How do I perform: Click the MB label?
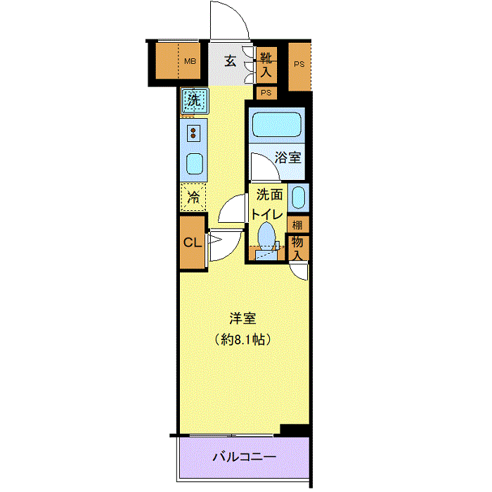[x=190, y=61]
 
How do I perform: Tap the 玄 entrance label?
[x=231, y=61]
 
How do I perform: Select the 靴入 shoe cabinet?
[x=266, y=65]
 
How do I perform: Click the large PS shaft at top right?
[x=299, y=67]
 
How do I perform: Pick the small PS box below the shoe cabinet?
[x=266, y=93]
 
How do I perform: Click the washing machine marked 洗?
[x=195, y=101]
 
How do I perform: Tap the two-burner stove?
[x=193, y=133]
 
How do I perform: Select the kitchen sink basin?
[x=195, y=164]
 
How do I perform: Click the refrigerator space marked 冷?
[x=193, y=198]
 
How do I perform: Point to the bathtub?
[x=277, y=124]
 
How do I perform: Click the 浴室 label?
[x=287, y=157]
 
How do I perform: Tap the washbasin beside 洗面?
[x=299, y=198]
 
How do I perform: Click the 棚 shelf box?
[x=298, y=224]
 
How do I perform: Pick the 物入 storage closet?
[x=298, y=248]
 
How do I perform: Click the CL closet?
[x=193, y=242]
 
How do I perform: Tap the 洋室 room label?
[x=243, y=318]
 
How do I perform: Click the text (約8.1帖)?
[x=243, y=339]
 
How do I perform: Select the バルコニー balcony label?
[x=245, y=457]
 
